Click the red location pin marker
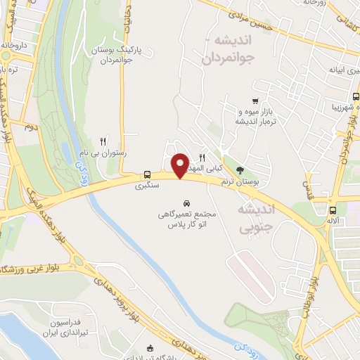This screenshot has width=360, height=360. tap(180, 165)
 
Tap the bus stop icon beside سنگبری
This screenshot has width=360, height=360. tap(148, 174)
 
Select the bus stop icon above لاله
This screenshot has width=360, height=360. tap(332, 210)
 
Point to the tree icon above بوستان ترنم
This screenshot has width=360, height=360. tap(240, 170)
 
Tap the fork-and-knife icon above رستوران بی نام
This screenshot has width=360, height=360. tap(104, 141)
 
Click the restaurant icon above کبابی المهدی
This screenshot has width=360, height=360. tap(202, 157)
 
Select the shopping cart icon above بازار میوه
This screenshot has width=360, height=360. tap(255, 101)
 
